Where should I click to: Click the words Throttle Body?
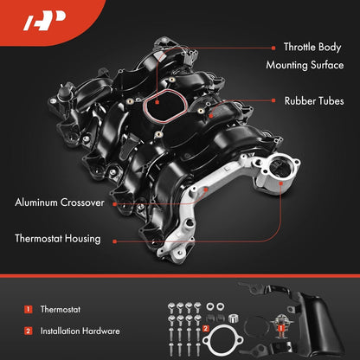(x=300, y=48)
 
